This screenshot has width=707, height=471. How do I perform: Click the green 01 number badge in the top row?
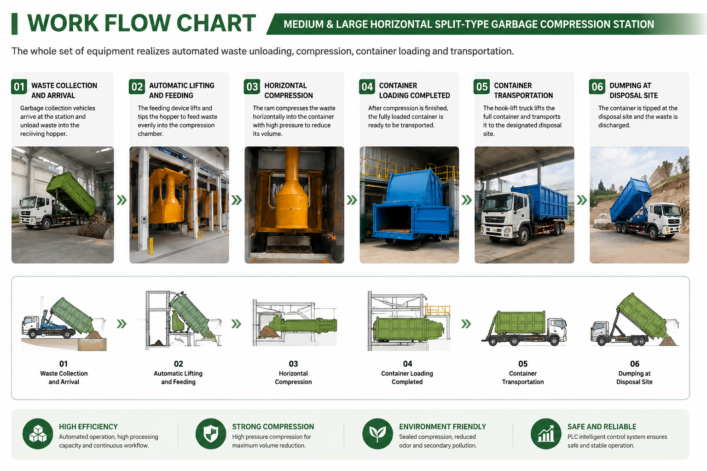(x=19, y=87)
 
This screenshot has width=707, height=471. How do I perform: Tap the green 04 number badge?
(x=367, y=87)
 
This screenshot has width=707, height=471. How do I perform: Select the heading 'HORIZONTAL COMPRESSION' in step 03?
(x=289, y=91)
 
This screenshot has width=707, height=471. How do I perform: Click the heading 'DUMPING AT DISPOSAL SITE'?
(x=633, y=91)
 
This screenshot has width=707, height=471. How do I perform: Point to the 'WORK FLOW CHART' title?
(x=141, y=23)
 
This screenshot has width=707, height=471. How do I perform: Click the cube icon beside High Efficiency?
(x=38, y=434)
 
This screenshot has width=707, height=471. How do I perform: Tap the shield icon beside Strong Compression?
(x=211, y=434)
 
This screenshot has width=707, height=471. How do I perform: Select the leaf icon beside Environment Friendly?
(x=377, y=434)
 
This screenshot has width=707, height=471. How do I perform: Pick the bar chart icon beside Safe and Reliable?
(x=546, y=434)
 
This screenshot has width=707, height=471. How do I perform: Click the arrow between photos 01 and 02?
(x=122, y=200)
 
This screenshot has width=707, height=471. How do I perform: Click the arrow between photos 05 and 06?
(x=582, y=200)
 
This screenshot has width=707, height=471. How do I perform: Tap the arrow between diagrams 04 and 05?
(x=466, y=324)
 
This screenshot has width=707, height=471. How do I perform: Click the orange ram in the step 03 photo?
(x=292, y=192)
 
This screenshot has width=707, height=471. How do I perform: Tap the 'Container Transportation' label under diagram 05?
(x=523, y=378)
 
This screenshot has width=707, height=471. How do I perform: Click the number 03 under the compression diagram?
(x=293, y=364)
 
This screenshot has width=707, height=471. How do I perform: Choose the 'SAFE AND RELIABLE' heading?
(x=602, y=426)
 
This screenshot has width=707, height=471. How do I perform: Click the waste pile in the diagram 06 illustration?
(x=668, y=341)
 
